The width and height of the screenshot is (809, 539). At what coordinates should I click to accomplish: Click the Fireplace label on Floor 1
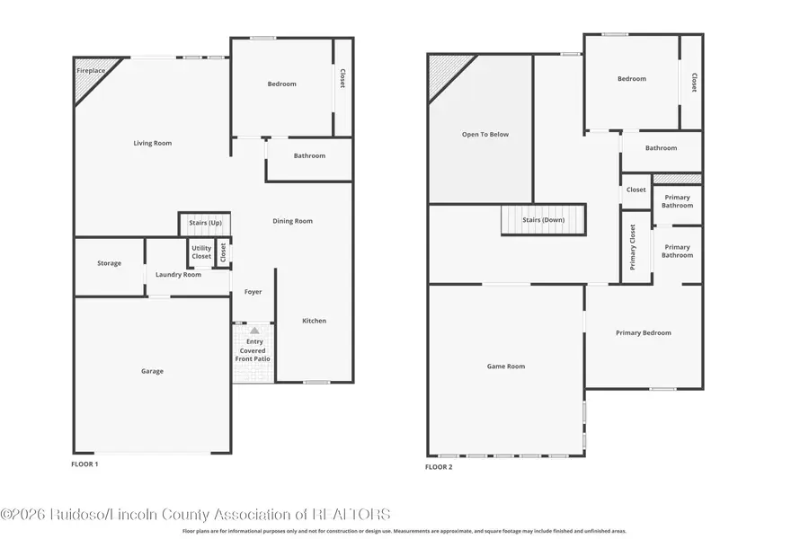(x=90, y=70)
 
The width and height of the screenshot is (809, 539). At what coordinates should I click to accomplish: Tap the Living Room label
(x=152, y=143)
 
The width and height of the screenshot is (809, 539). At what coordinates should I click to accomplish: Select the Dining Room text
(x=292, y=221)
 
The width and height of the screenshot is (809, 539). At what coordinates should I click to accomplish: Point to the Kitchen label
(x=314, y=321)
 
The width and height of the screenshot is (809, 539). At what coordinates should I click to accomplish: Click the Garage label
(x=152, y=371)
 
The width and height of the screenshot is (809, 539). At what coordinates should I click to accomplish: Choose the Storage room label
(x=110, y=263)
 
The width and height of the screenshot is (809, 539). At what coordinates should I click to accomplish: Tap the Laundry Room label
(x=178, y=275)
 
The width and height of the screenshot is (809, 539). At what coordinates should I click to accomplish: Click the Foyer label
(x=253, y=292)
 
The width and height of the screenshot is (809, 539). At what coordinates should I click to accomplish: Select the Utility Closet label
(x=201, y=252)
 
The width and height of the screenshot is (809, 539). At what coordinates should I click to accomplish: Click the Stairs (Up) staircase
(x=205, y=225)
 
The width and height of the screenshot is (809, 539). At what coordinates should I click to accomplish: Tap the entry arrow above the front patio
(x=254, y=331)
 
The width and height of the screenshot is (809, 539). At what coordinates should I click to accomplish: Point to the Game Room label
(x=506, y=367)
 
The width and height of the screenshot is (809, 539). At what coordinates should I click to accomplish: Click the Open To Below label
(x=485, y=135)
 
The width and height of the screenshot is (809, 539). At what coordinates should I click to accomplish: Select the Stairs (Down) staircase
(x=543, y=220)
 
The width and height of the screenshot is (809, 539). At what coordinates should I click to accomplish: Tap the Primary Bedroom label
(x=644, y=333)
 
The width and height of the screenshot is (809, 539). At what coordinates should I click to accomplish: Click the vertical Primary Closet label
(x=633, y=247)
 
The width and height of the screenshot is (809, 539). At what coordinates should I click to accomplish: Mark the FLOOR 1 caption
(x=84, y=464)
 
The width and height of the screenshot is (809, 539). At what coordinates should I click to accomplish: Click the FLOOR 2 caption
(x=439, y=467)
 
